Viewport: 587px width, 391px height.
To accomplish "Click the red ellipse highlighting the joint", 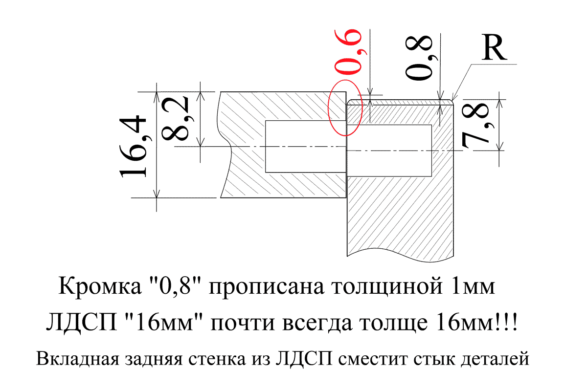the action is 329,108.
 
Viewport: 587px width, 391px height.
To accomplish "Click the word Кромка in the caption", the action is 100,286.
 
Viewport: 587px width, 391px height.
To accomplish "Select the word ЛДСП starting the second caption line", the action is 82,323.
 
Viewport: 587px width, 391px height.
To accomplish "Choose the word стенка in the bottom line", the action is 217,359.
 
